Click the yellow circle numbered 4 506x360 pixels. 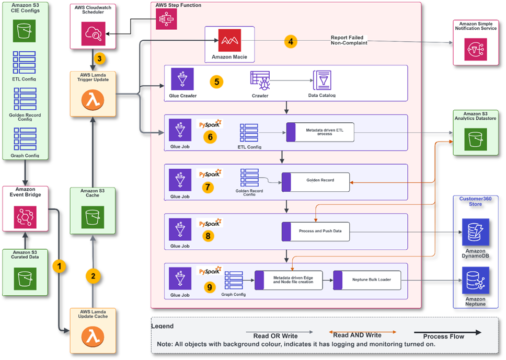291,41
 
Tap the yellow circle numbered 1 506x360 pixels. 60,266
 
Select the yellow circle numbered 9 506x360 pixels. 209,287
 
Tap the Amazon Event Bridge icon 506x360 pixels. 25,215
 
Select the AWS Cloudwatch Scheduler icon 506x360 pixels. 92,34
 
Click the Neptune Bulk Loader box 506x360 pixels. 367,280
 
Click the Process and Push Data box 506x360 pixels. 316,231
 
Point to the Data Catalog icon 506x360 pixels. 321,81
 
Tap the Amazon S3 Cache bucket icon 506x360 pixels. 92,216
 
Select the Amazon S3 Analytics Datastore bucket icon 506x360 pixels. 475,139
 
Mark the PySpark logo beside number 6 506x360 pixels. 210,124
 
